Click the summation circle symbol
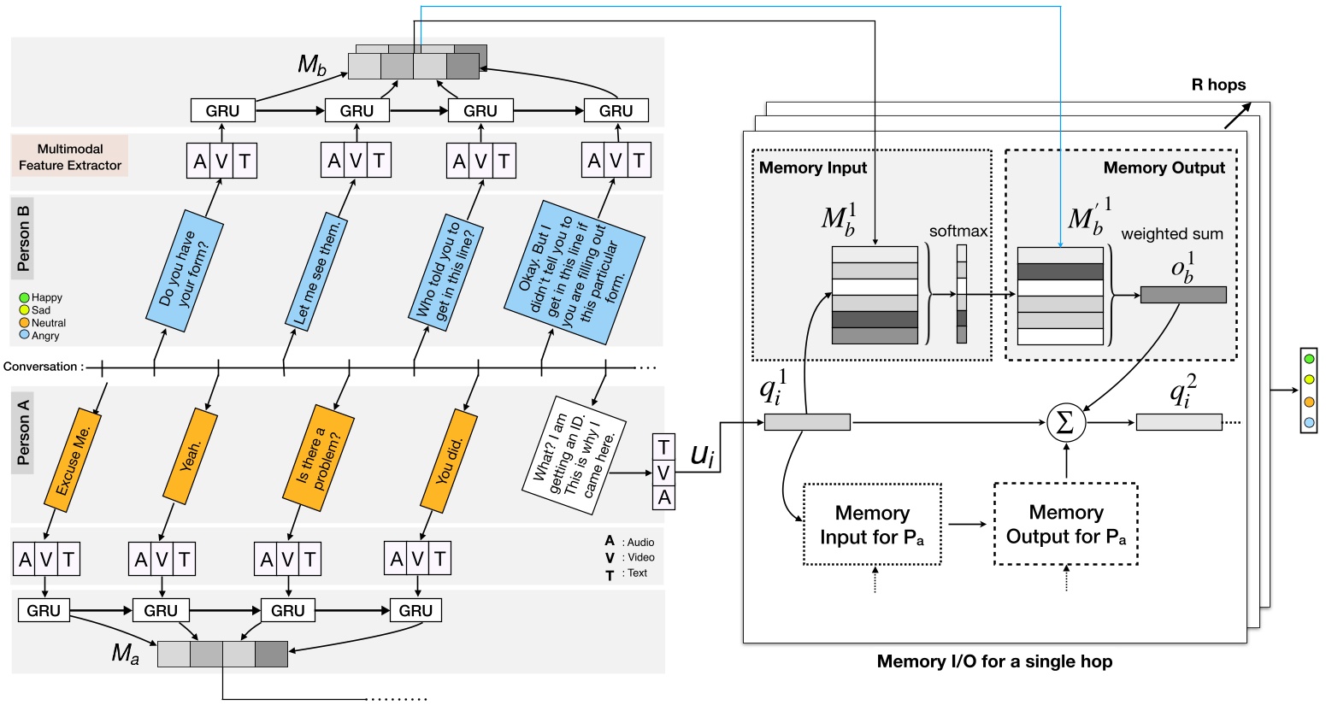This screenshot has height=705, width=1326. click(1065, 422)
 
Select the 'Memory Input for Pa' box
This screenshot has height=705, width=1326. click(872, 525)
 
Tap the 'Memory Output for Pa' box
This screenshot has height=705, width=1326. click(1065, 524)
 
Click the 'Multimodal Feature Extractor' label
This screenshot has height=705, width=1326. click(70, 156)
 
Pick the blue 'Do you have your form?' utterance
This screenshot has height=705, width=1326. click(184, 268)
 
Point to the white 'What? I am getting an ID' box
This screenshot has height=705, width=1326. click(574, 455)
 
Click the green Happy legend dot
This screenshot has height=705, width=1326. click(25, 297)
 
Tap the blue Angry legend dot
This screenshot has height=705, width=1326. click(25, 336)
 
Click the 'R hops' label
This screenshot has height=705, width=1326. click(1217, 85)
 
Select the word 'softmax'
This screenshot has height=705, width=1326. click(958, 232)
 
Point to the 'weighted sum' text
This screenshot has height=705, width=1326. click(1171, 233)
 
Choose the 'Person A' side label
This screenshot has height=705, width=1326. click(23, 432)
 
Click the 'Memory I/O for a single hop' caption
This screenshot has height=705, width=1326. click(994, 661)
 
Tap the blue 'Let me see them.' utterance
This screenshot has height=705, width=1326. click(317, 273)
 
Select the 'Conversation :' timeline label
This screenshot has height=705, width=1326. click(43, 367)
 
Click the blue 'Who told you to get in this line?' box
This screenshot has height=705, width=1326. click(444, 272)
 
